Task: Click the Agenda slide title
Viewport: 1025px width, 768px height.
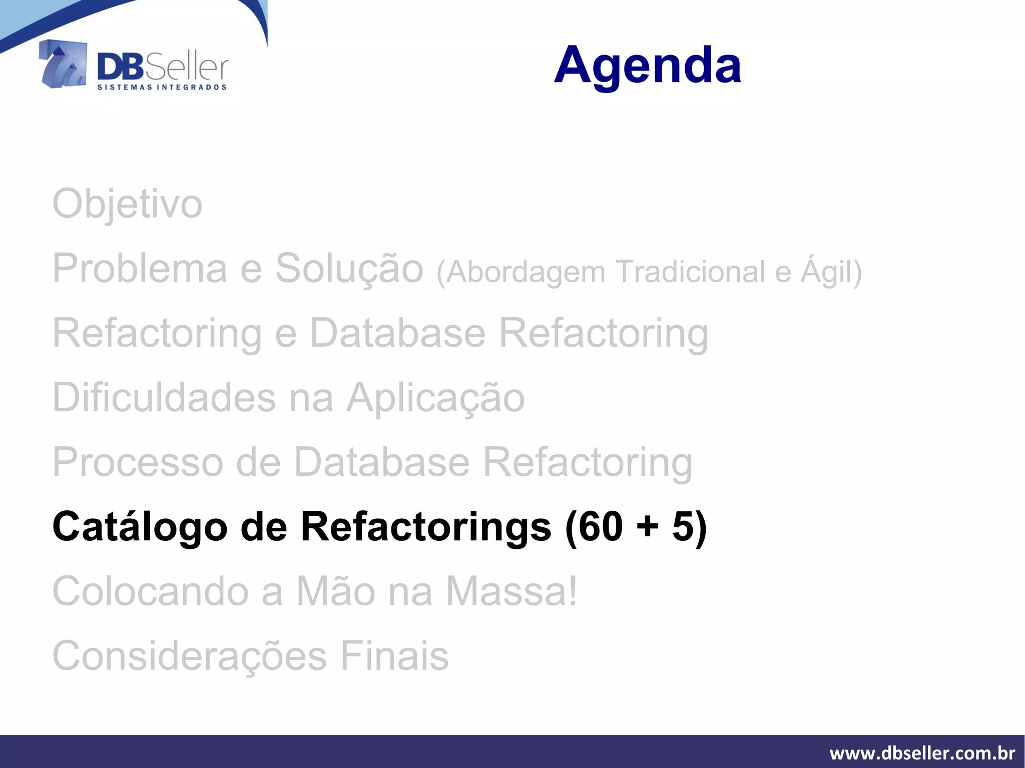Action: click(x=647, y=65)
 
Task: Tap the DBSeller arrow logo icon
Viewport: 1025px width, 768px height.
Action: click(x=63, y=65)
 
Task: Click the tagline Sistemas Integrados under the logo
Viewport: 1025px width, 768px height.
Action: click(x=162, y=88)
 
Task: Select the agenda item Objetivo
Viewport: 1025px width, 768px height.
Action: click(x=127, y=204)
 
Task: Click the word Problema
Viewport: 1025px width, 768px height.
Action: click(x=140, y=269)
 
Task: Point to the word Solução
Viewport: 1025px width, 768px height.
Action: click(x=349, y=269)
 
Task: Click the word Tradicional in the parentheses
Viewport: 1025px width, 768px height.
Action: click(x=691, y=272)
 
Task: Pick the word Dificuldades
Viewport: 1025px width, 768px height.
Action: click(x=164, y=398)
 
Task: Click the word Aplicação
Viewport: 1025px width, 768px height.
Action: click(x=435, y=398)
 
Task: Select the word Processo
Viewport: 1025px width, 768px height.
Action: click(x=138, y=462)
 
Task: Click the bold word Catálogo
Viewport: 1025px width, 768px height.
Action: click(x=140, y=527)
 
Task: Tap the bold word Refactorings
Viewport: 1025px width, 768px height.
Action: click(x=426, y=527)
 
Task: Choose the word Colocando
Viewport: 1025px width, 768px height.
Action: click(x=150, y=591)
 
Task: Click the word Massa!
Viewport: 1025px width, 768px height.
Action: click(x=511, y=591)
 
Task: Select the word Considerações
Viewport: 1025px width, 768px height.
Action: click(x=190, y=656)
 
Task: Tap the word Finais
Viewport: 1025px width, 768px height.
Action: click(x=394, y=656)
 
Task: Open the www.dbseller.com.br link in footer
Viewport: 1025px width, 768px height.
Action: click(x=922, y=753)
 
